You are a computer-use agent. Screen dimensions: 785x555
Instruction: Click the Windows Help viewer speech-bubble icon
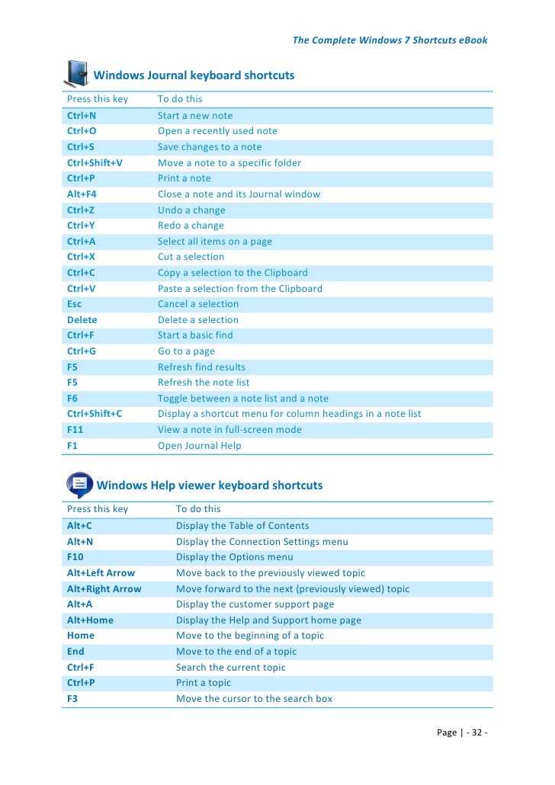(x=79, y=484)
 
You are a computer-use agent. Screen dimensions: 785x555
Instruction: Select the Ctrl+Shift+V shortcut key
(x=95, y=162)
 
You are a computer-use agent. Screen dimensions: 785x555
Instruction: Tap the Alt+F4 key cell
(x=82, y=194)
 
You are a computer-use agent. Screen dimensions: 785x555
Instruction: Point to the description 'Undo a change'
(x=191, y=210)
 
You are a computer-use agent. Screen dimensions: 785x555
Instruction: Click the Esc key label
(x=74, y=304)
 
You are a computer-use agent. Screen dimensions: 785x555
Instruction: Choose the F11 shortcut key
(x=75, y=430)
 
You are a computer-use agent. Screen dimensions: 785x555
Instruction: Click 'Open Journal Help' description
(x=199, y=446)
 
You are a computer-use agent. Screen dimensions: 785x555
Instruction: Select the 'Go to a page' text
(x=186, y=351)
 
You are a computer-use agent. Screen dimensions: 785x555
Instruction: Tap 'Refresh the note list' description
(x=204, y=383)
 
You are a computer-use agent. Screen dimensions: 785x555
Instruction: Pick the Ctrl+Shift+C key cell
(x=95, y=414)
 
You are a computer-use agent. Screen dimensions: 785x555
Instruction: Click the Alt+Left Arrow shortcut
(x=101, y=573)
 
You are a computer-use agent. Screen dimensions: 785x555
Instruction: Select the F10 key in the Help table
(x=75, y=557)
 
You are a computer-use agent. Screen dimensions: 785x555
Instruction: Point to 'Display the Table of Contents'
(x=242, y=526)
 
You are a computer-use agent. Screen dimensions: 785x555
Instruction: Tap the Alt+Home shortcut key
(x=90, y=620)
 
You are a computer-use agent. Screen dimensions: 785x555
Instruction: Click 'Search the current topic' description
(x=231, y=668)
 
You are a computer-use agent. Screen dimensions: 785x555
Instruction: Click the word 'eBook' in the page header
(x=472, y=40)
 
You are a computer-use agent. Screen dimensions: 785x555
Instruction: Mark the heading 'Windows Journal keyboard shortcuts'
(x=194, y=75)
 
